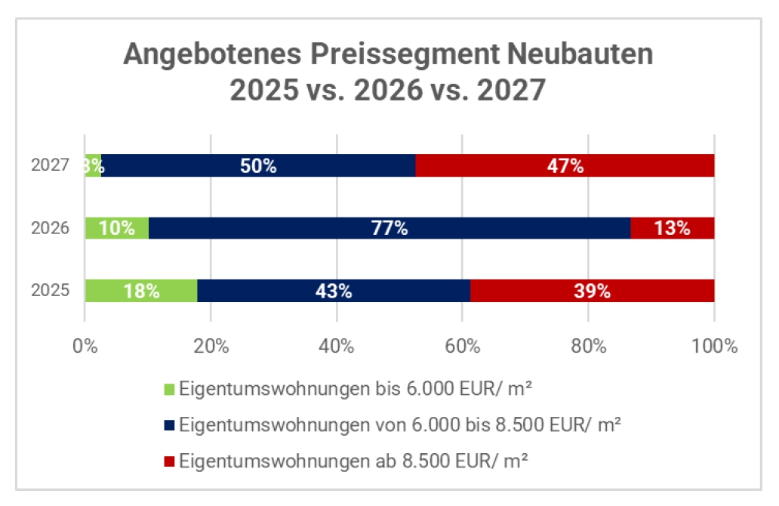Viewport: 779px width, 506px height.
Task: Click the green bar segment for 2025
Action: pos(141,291)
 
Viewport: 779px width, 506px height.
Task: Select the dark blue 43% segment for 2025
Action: pos(333,291)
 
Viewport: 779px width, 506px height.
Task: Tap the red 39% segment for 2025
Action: pos(592,291)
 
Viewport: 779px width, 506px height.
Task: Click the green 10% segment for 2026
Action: pos(117,228)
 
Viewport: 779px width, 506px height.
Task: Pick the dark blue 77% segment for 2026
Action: pos(389,228)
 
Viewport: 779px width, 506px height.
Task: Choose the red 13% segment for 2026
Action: pos(672,228)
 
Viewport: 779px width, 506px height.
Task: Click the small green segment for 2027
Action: pos(93,165)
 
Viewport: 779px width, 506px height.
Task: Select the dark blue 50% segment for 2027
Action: pos(258,165)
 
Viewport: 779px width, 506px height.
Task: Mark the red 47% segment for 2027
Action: pos(565,165)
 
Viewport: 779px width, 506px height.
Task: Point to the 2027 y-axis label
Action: pos(51,165)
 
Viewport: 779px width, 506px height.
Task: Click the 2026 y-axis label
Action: pos(51,228)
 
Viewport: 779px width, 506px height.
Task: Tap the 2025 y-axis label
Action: pos(51,291)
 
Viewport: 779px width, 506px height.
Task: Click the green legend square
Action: pos(168,390)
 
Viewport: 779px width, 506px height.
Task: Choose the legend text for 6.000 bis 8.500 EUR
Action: pos(400,425)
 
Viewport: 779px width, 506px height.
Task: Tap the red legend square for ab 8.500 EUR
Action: pos(168,461)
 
